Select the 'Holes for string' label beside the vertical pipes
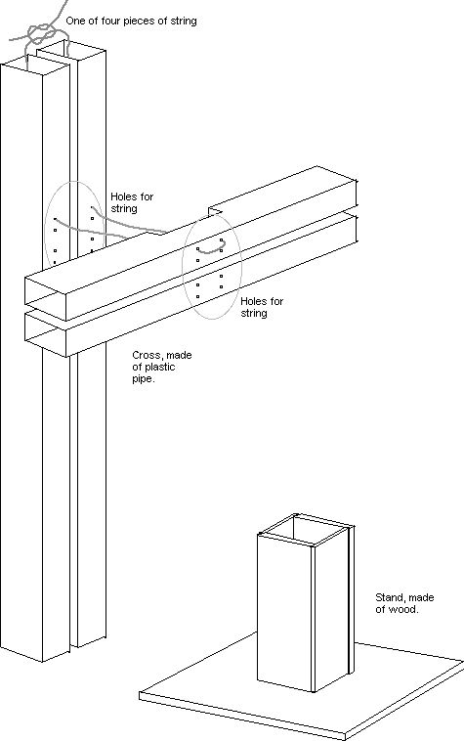point(132,202)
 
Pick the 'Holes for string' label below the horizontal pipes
point(262,307)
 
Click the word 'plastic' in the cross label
point(160,368)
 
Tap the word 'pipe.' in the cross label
point(143,379)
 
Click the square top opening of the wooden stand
point(307,529)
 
